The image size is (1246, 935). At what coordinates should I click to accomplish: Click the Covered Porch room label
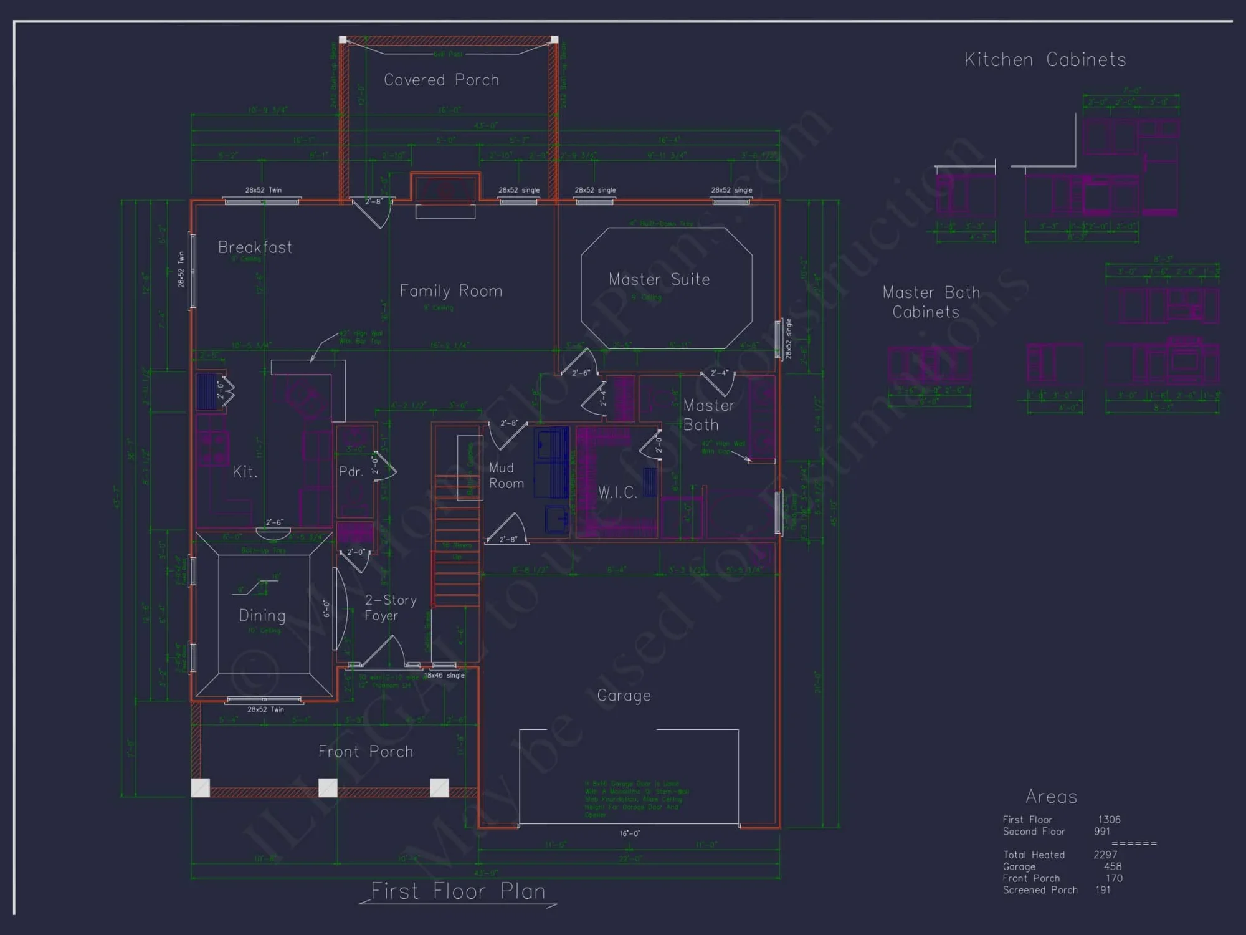coord(441,80)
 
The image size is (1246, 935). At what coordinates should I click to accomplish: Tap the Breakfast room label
coord(255,247)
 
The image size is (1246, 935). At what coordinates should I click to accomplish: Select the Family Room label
coord(450,291)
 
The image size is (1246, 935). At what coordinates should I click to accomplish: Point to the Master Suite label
coord(659,279)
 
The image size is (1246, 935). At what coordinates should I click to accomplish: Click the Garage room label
coord(624,696)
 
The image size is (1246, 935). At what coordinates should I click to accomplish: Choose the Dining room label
coord(262,616)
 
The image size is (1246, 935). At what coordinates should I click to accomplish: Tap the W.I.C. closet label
coord(617,492)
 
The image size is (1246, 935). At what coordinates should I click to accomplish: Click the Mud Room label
coord(506,476)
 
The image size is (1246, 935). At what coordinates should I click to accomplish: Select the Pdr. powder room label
coord(351,472)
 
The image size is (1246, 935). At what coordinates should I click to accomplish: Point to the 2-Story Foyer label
coord(390,608)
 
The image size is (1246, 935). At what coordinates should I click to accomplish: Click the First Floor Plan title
coord(458,891)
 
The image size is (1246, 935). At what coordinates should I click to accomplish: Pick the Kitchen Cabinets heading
coord(1045,60)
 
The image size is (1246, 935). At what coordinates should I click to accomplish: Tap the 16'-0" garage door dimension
coord(630,833)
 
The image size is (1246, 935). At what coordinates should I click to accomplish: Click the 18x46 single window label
coord(444,675)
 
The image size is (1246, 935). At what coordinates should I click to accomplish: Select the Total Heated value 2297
coord(1105,855)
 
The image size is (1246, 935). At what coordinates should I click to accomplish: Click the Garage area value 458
coord(1112,866)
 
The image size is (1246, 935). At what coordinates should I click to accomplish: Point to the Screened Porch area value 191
coord(1103,890)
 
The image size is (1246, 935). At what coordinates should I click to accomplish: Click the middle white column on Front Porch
coord(328,787)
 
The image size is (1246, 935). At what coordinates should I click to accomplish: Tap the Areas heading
coord(1051,797)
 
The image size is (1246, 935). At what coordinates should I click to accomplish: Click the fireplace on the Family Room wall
coord(445,189)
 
